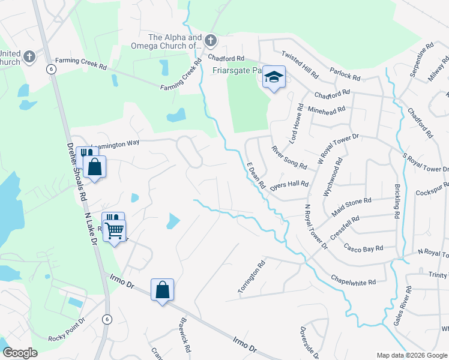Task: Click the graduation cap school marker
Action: (x=274, y=77)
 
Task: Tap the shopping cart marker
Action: (x=114, y=229)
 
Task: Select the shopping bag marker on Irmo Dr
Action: (x=162, y=290)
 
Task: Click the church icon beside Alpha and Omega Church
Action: (x=210, y=41)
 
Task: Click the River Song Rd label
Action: (x=289, y=157)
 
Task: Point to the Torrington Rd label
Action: (x=250, y=277)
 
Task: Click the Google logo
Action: (x=20, y=352)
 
